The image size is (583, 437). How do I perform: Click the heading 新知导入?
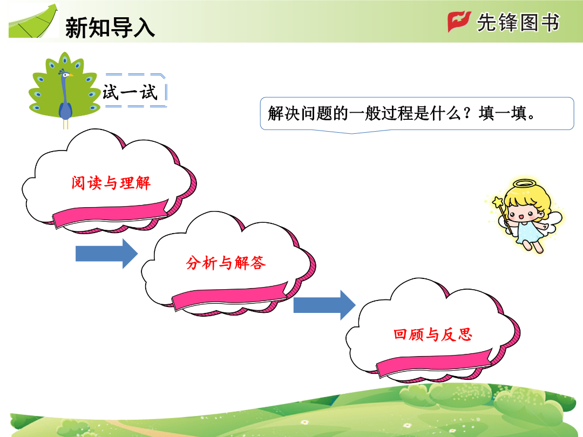click(110, 28)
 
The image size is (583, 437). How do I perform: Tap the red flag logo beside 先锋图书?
click(459, 21)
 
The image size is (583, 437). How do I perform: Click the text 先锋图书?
click(518, 22)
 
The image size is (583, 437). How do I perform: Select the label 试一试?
click(130, 92)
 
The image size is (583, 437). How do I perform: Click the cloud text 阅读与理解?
click(111, 183)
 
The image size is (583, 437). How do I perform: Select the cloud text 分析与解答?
click(226, 263)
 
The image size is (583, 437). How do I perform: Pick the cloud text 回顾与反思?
click(433, 334)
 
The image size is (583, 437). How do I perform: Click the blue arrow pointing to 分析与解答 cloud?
click(107, 254)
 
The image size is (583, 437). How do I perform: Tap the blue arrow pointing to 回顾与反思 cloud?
click(324, 305)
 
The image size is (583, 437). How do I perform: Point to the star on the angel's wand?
click(498, 202)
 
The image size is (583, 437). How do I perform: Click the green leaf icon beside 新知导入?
click(33, 22)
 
